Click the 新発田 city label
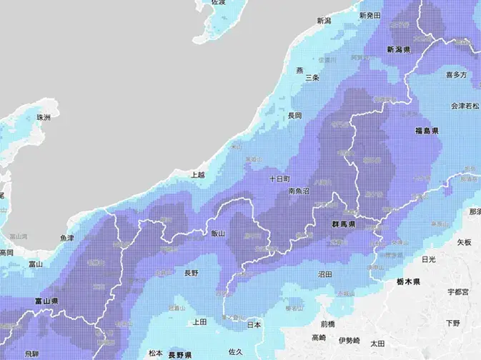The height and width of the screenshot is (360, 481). point(371,15)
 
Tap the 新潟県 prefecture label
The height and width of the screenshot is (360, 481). point(398,50)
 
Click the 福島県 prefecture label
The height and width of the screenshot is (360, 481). point(427,131)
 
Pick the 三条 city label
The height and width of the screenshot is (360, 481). point(312,77)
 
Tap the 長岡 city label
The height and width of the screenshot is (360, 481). point(294,115)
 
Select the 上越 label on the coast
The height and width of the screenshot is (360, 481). point(197,174)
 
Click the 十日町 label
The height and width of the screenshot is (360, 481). point(279,179)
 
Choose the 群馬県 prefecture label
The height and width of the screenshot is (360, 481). point(344,224)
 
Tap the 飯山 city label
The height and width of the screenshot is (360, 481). point(218,234)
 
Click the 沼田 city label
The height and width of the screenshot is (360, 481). point(325,274)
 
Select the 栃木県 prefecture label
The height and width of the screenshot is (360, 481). point(408,283)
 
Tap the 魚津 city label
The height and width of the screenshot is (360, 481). point(66,238)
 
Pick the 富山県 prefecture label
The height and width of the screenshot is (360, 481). point(46,302)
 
